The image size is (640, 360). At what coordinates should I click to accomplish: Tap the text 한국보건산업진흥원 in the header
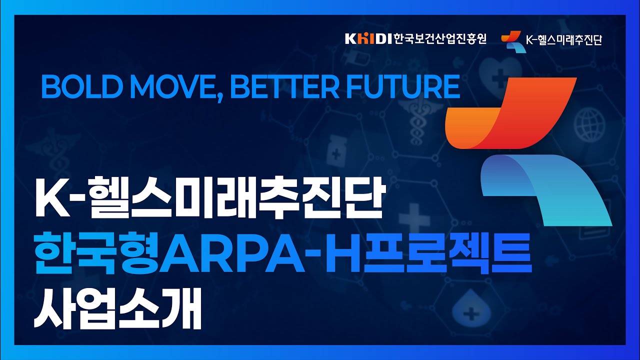coord(440,39)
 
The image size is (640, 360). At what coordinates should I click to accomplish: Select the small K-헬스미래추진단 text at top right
coord(564,40)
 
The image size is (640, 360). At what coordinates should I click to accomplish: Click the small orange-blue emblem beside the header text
coord(513,41)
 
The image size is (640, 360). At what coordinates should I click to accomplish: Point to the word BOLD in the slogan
coord(80,86)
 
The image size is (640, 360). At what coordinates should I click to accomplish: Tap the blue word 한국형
coord(96,253)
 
